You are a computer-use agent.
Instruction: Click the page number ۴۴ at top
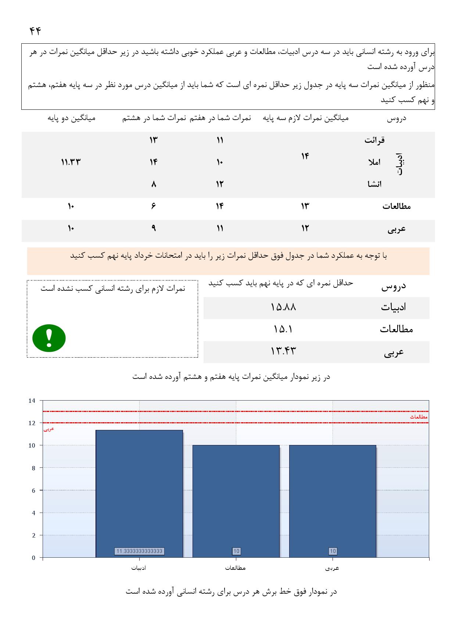[x=35, y=31]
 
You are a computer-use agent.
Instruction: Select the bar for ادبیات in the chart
[x=139, y=493]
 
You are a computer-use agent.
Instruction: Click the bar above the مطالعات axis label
[x=236, y=501]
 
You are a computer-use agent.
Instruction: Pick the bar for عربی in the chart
[x=333, y=501]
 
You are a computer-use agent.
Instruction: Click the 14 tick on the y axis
[x=32, y=401]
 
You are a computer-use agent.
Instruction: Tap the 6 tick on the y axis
[x=33, y=491]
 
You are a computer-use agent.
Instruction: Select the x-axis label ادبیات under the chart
[x=139, y=568]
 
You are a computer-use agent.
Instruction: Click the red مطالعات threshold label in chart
[x=419, y=417]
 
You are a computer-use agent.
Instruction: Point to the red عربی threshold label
[x=49, y=429]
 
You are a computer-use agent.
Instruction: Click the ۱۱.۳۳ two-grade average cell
[x=71, y=162]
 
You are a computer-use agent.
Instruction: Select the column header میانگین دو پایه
[x=72, y=118]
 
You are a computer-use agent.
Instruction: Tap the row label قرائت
[x=374, y=140]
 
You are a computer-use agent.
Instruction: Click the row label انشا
[x=374, y=184]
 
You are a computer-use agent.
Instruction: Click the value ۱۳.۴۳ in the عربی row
[x=283, y=352]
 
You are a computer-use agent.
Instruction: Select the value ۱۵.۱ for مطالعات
[x=283, y=330]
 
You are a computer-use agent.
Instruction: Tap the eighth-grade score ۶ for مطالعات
[x=153, y=206]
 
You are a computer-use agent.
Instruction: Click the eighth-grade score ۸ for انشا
[x=153, y=184]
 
